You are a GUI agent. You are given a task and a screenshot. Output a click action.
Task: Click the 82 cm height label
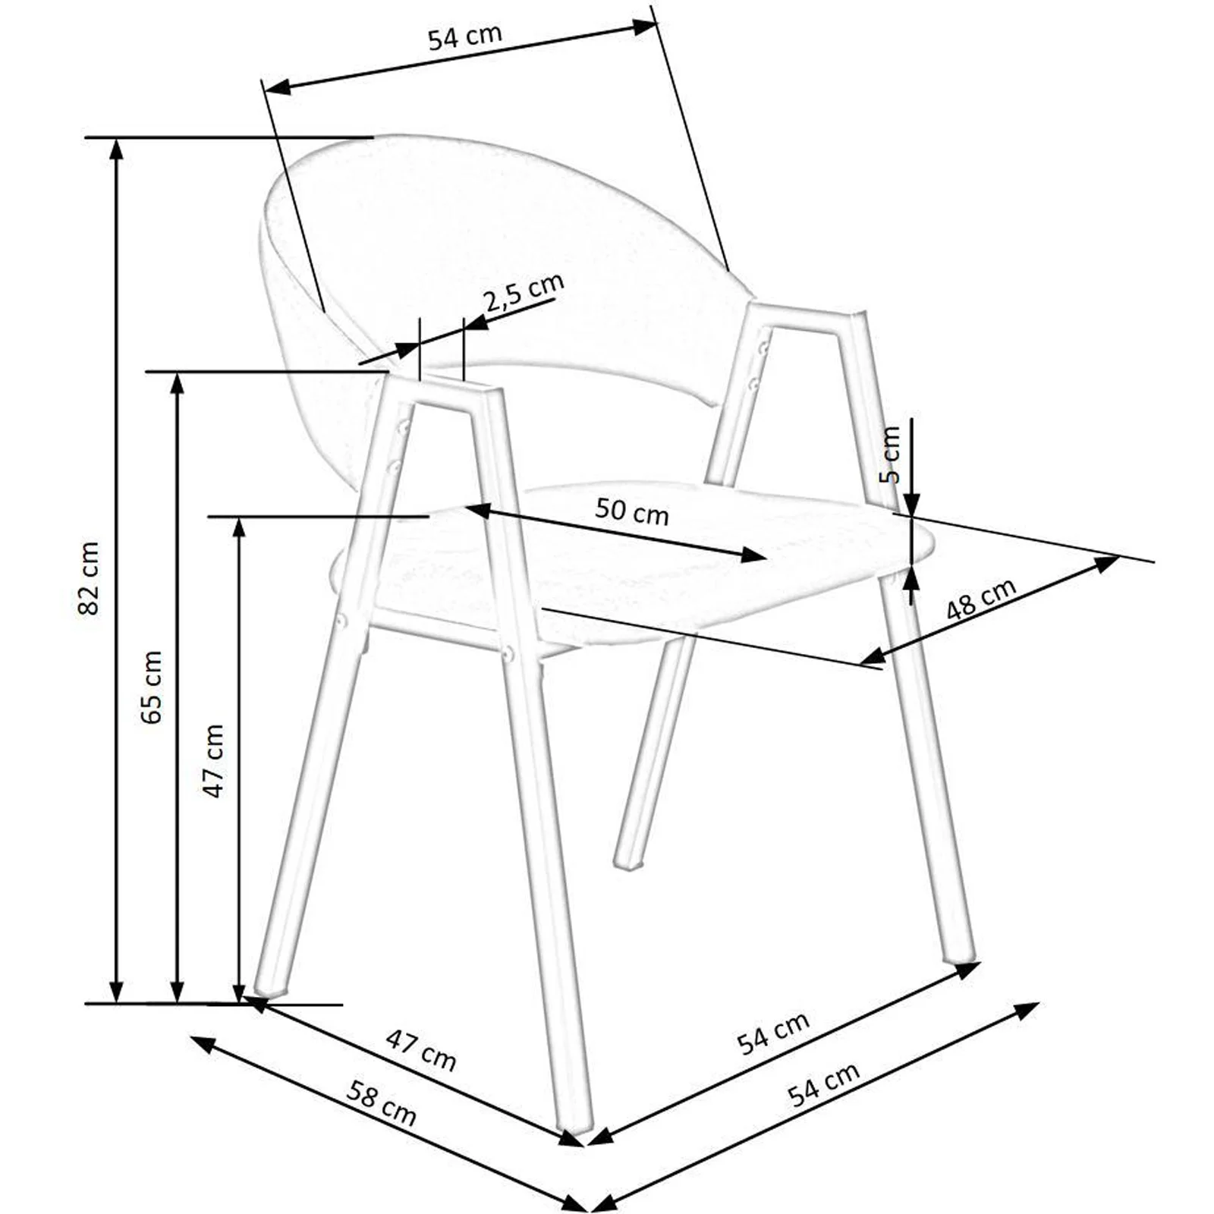click(x=89, y=578)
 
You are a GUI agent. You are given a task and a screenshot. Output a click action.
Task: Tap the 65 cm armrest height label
click(x=152, y=687)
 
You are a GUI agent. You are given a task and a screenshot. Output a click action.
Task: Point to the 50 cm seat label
click(x=631, y=511)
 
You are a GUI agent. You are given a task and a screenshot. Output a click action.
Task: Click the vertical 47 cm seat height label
click(x=214, y=760)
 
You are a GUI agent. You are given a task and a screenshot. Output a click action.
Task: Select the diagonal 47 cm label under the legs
click(x=421, y=1050)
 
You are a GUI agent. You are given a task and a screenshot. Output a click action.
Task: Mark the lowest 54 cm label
click(x=823, y=1084)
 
